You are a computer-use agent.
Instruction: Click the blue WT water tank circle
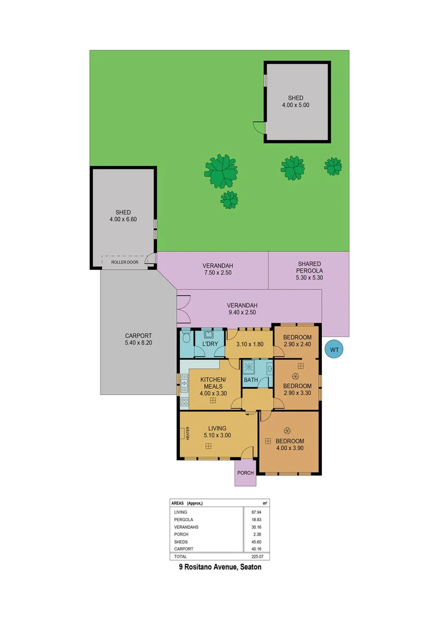334,348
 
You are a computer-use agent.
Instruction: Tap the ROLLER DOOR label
125,262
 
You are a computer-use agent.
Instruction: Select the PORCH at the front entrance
246,473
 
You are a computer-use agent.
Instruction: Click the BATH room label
251,380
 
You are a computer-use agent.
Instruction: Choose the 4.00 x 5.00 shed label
296,105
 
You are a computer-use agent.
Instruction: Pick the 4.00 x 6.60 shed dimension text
124,219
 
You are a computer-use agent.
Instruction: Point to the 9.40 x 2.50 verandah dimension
241,313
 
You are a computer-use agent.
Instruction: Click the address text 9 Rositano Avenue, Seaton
219,567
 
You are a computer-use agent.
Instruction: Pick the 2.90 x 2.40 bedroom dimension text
296,344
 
